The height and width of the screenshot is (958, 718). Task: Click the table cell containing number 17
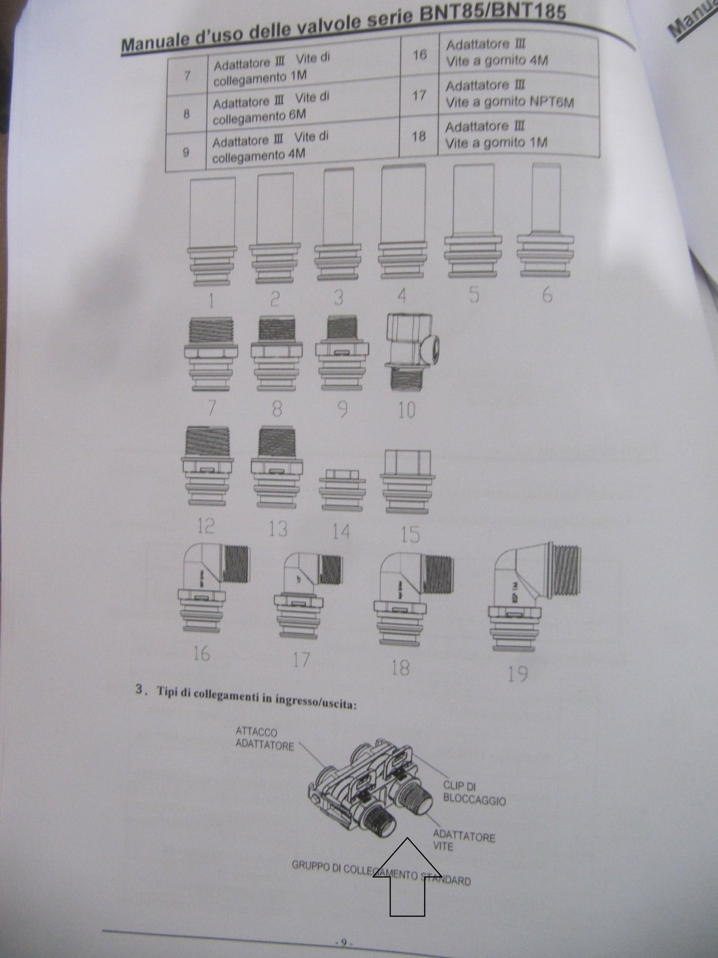coord(419,95)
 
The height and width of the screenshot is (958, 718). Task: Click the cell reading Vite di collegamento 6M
coord(272,108)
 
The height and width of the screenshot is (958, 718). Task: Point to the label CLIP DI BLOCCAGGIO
coord(474,793)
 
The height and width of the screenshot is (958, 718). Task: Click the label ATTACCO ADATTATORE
coord(264,739)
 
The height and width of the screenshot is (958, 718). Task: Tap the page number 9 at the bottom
coord(344,944)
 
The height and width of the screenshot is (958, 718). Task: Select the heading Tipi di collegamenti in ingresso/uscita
coord(257,697)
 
